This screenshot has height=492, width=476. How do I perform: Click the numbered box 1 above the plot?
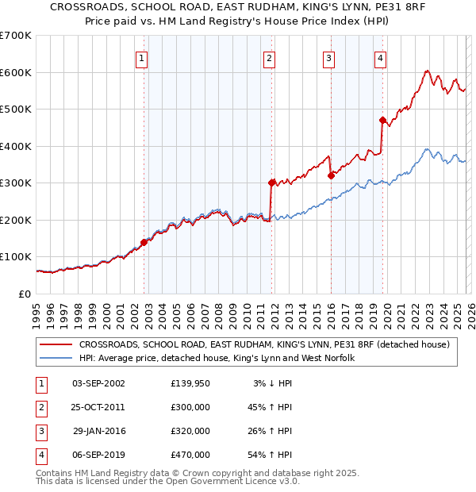tap(141, 57)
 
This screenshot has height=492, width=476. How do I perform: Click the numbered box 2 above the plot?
tap(270, 57)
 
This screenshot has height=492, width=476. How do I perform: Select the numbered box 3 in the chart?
tap(328, 57)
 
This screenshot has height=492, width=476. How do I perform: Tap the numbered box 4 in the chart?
tap(381, 57)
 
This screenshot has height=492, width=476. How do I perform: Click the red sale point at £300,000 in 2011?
tap(272, 183)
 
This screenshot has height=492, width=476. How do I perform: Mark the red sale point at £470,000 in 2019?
tap(382, 121)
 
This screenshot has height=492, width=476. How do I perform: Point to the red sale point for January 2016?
tap(331, 175)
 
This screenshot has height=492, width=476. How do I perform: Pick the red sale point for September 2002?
tap(144, 242)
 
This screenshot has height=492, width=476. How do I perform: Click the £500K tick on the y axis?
tap(16, 109)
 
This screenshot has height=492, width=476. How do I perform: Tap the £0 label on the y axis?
tap(26, 294)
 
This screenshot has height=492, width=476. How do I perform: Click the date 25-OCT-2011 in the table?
tap(98, 406)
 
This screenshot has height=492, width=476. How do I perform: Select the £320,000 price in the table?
tap(190, 431)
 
